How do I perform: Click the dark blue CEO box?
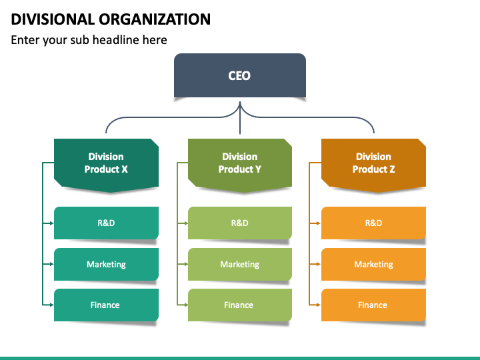pyautogui.click(x=240, y=75)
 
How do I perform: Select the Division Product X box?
pyautogui.click(x=106, y=165)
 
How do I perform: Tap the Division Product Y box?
pyautogui.click(x=240, y=165)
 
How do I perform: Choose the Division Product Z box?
pyautogui.click(x=373, y=165)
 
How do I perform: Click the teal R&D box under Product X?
pyautogui.click(x=106, y=223)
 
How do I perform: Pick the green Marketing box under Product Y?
pyautogui.click(x=240, y=264)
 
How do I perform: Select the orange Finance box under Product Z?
pyautogui.click(x=373, y=305)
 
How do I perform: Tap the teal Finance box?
pyautogui.click(x=106, y=305)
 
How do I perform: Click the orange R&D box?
pyautogui.click(x=373, y=223)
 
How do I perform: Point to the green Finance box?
pyautogui.click(x=240, y=305)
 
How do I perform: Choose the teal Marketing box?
pyautogui.click(x=106, y=264)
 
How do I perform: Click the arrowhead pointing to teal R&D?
pyautogui.click(x=51, y=223)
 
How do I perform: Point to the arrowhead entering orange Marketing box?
pyautogui.click(x=319, y=264)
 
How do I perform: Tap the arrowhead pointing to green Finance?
pyautogui.click(x=185, y=305)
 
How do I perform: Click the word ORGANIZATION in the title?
pyautogui.click(x=155, y=19)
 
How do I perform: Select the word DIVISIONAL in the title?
pyautogui.click(x=53, y=19)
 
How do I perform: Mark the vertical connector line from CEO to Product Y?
pyautogui.click(x=240, y=118)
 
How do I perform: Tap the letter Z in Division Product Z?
pyautogui.click(x=392, y=169)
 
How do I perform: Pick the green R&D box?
pyautogui.click(x=240, y=223)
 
